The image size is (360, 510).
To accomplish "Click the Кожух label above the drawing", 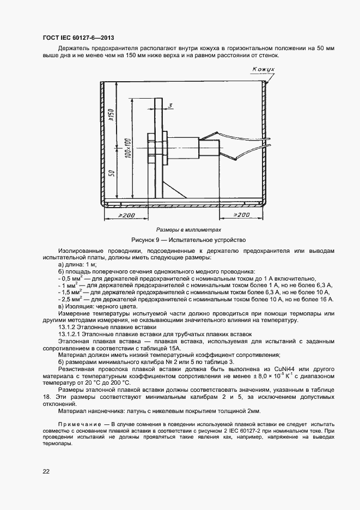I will point(264,69).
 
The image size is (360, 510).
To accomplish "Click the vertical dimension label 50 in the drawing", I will point(111,173).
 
